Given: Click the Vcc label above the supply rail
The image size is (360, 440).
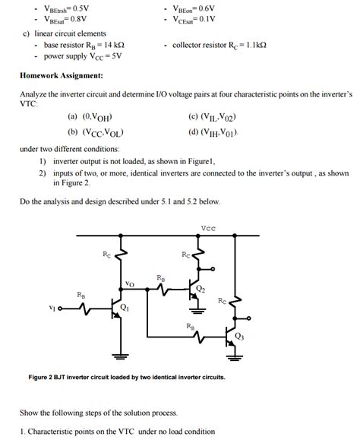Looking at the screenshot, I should (207, 227).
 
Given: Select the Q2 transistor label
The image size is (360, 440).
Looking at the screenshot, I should (200, 289).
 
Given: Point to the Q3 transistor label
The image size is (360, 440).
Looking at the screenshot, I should (239, 335).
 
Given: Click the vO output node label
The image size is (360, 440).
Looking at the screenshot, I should (129, 283).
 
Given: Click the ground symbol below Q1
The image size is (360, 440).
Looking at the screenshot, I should (119, 354).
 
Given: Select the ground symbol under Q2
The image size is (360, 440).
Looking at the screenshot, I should (196, 309).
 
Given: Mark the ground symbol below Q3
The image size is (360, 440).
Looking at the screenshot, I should (235, 354).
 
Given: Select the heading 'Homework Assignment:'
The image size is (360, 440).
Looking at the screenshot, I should (62, 76).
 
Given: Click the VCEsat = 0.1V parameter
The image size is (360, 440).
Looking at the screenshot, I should (194, 19).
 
